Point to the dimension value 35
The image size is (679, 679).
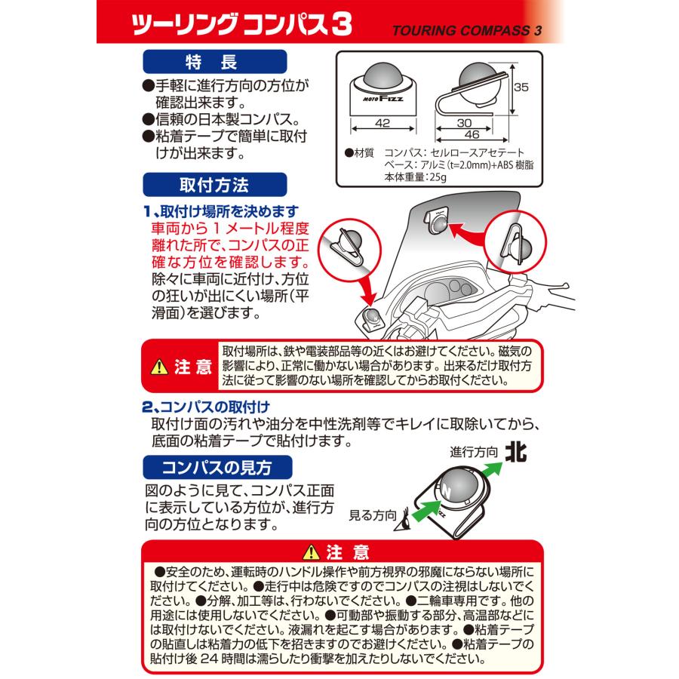521,88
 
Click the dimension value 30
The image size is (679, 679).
464,122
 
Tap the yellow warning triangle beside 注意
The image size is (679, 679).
159,367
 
